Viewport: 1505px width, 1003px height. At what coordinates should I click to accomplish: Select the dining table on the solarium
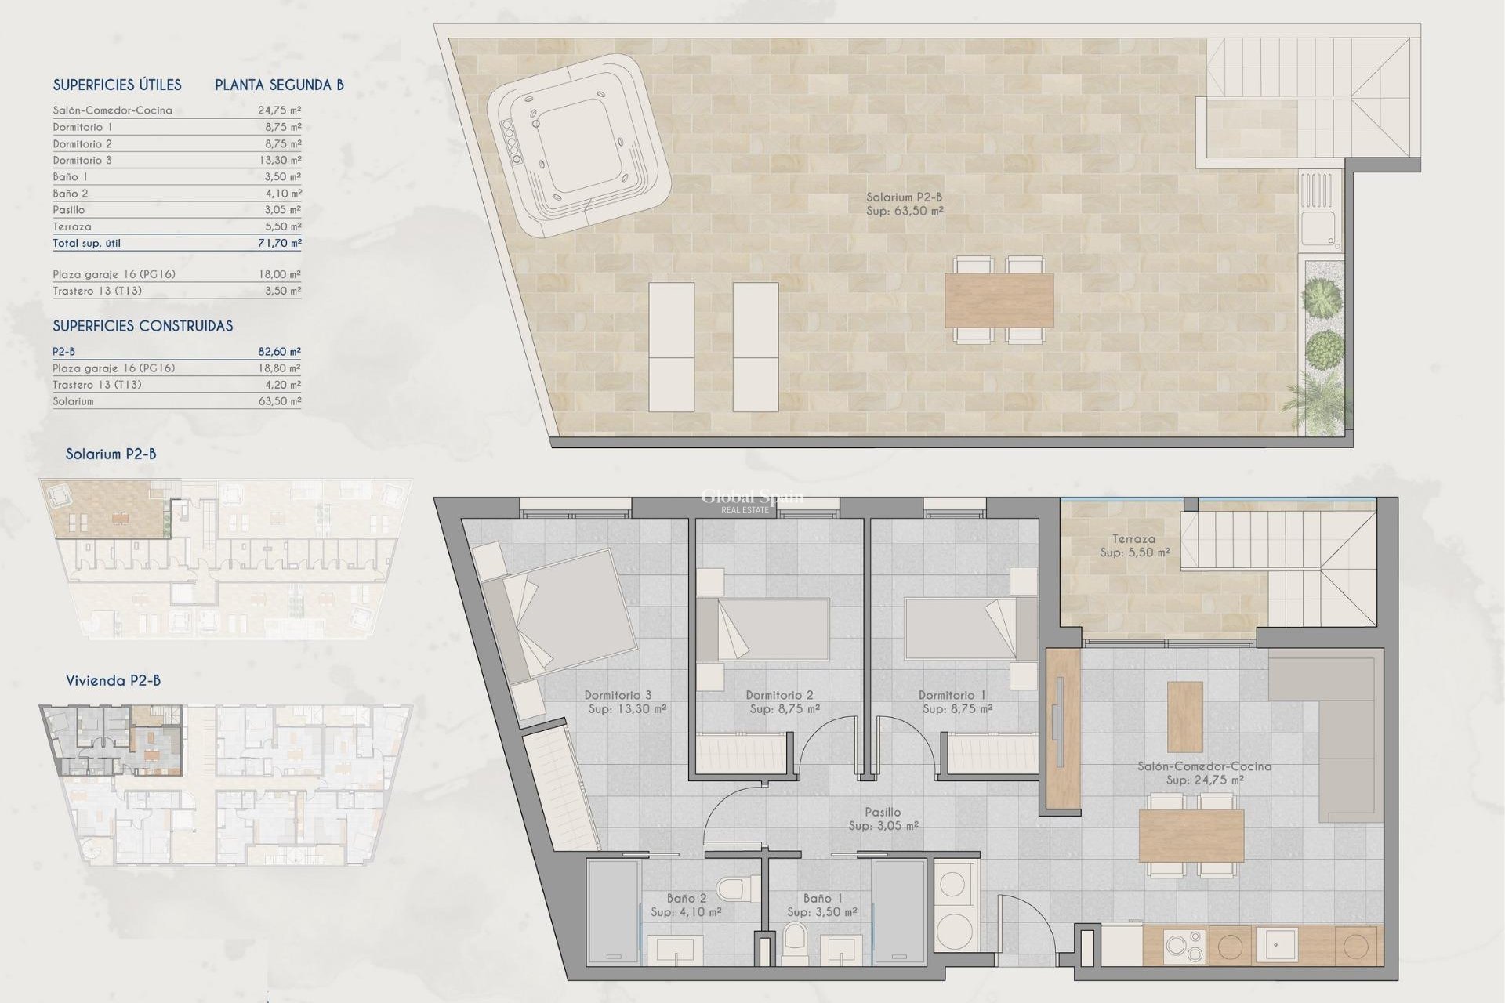[x=999, y=300]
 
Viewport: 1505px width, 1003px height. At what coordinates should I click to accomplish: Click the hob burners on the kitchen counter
[x=1184, y=946]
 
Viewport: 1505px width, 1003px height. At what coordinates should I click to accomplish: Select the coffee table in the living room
[x=1184, y=716]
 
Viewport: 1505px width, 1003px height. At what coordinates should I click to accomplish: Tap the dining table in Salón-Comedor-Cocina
[x=1191, y=835]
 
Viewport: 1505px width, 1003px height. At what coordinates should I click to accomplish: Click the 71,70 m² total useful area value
[x=280, y=243]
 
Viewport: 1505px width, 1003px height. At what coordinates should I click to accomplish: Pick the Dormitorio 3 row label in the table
[x=82, y=160]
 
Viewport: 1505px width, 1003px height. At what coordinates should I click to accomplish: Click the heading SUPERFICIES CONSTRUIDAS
[x=143, y=326]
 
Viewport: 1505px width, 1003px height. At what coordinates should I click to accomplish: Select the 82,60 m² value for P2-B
[x=280, y=352]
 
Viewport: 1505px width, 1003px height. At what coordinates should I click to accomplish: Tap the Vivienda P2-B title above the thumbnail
[x=113, y=680]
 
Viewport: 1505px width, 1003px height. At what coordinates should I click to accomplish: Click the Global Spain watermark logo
[x=751, y=499]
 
